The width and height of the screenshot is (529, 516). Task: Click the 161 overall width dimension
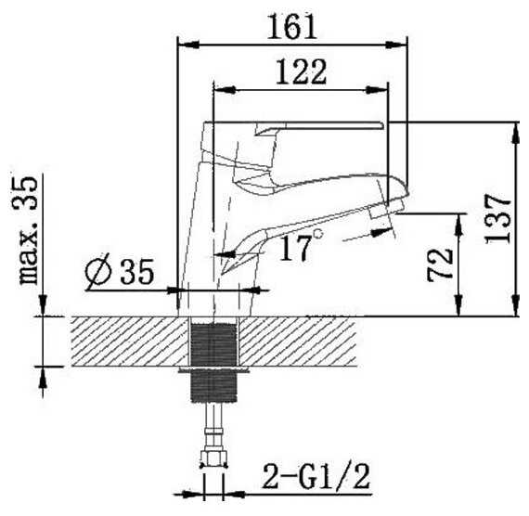click(292, 27)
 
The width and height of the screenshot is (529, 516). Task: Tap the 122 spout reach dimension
click(302, 71)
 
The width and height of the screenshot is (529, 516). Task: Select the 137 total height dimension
click(498, 219)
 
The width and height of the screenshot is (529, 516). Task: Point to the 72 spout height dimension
click(440, 265)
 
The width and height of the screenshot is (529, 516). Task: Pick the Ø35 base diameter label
click(120, 271)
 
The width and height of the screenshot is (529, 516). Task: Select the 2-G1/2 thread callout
click(316, 476)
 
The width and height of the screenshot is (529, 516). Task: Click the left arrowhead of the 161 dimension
click(188, 45)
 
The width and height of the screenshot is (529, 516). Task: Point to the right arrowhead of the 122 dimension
click(377, 90)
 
